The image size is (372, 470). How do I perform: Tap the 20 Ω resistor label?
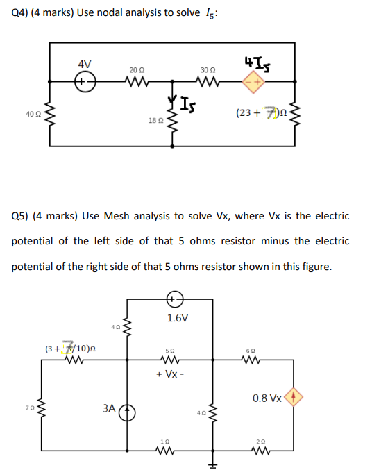(137, 70)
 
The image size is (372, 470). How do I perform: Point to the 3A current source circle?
(127, 412)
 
